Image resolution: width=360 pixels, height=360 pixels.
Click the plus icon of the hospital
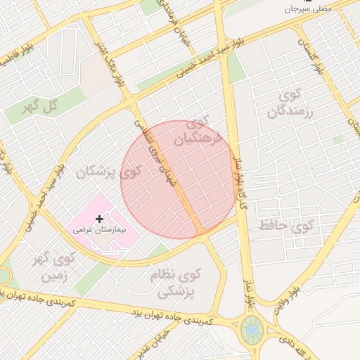point(99,219)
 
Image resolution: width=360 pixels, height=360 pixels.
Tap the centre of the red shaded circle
point(179,179)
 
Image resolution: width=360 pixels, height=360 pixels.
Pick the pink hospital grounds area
point(105,232)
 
